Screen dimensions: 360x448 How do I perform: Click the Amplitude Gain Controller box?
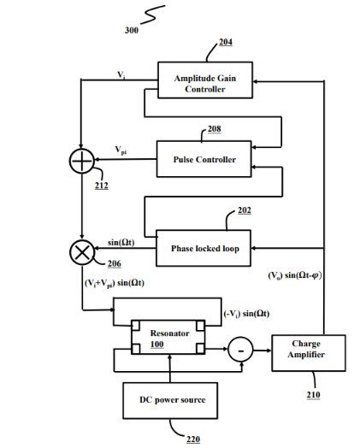point(205,80)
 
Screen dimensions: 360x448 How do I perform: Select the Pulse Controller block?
point(204,159)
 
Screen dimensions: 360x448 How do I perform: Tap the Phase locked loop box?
point(204,248)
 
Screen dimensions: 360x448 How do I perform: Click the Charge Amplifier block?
point(309,353)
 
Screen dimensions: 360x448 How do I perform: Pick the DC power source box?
point(170,401)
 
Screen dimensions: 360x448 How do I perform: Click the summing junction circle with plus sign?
point(82,161)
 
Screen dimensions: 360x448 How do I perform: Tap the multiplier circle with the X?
point(82,252)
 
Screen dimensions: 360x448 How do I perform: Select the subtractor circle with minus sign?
point(240,350)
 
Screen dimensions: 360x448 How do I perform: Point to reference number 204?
point(226,42)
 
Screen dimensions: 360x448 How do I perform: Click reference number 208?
point(215,129)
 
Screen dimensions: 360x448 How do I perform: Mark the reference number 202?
point(245,210)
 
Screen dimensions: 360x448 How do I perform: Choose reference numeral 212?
point(102,186)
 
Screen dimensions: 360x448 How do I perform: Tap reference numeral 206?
point(115,263)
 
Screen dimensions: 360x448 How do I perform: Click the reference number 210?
point(314,395)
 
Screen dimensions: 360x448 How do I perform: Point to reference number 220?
point(193,439)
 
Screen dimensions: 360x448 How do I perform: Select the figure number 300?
point(132,30)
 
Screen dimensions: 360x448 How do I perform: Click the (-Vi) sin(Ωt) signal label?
point(246,314)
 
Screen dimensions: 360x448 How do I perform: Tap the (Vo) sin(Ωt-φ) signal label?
point(295,275)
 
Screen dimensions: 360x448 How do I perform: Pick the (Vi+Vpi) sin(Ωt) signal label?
point(115,283)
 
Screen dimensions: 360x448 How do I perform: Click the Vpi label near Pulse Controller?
point(121,150)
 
